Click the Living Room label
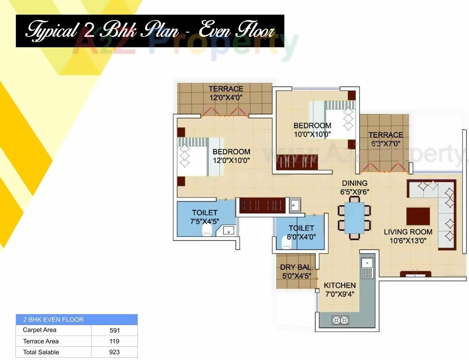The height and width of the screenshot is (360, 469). [x=408, y=232]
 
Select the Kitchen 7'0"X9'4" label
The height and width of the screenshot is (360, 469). [x=339, y=289]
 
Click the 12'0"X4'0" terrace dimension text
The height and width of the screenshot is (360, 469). [x=226, y=97]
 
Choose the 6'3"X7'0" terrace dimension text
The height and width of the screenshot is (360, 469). [x=386, y=143]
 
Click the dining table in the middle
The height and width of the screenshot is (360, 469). [x=354, y=217]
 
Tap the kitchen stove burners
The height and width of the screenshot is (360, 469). [x=341, y=320]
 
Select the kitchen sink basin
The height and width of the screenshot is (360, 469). [x=367, y=263]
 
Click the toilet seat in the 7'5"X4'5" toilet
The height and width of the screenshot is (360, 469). [x=207, y=231]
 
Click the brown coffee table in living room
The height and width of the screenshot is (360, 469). [x=418, y=216]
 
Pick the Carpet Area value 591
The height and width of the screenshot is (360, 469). [x=114, y=330]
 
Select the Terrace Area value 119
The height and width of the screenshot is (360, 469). [x=114, y=341]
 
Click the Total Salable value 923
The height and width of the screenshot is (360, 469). [x=114, y=352]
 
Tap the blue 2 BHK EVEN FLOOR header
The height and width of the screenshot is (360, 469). [x=76, y=319]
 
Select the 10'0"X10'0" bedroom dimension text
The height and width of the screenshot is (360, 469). [x=312, y=134]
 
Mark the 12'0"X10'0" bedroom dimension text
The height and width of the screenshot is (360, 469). [x=231, y=160]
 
